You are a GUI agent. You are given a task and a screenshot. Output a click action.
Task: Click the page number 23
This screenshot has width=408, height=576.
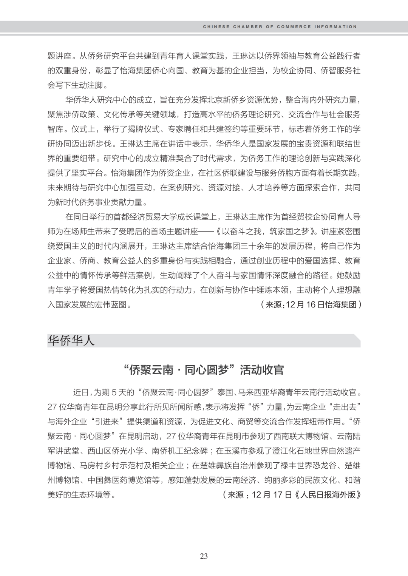coord(204,556)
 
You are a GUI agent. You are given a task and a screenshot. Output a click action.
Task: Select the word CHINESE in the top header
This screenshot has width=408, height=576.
coord(216,27)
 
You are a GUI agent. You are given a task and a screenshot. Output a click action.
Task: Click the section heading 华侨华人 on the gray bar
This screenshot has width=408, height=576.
coord(71,341)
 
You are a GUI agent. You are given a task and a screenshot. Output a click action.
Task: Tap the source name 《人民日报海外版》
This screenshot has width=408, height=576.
coord(327,495)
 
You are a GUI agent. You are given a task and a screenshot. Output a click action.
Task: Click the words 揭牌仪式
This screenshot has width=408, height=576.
coord(138,129)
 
